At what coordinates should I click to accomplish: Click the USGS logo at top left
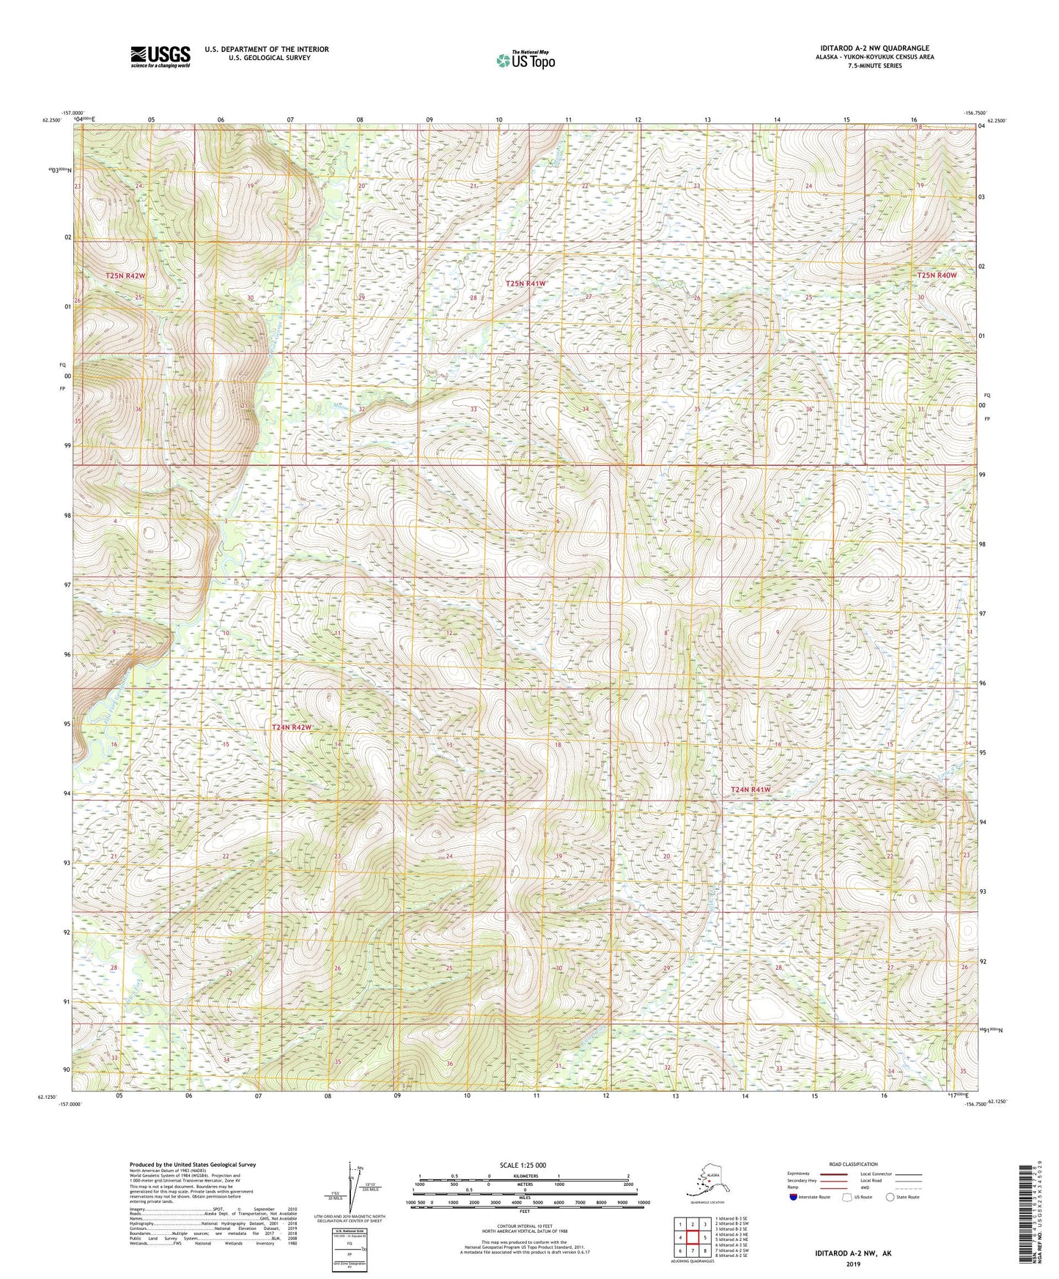click(x=160, y=56)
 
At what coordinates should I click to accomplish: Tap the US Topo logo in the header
click(x=525, y=60)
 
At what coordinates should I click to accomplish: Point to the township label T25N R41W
click(x=525, y=283)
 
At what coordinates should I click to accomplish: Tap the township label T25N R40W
click(x=937, y=275)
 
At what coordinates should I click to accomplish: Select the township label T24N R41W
click(x=751, y=790)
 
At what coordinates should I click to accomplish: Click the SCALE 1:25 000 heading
click(x=523, y=1165)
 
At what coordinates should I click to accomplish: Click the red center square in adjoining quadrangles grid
click(x=692, y=1237)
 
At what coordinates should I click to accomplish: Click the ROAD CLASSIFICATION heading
click(x=853, y=1164)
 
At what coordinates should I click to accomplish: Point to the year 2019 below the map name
click(x=853, y=1264)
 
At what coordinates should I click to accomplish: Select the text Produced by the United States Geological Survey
click(x=193, y=1164)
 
